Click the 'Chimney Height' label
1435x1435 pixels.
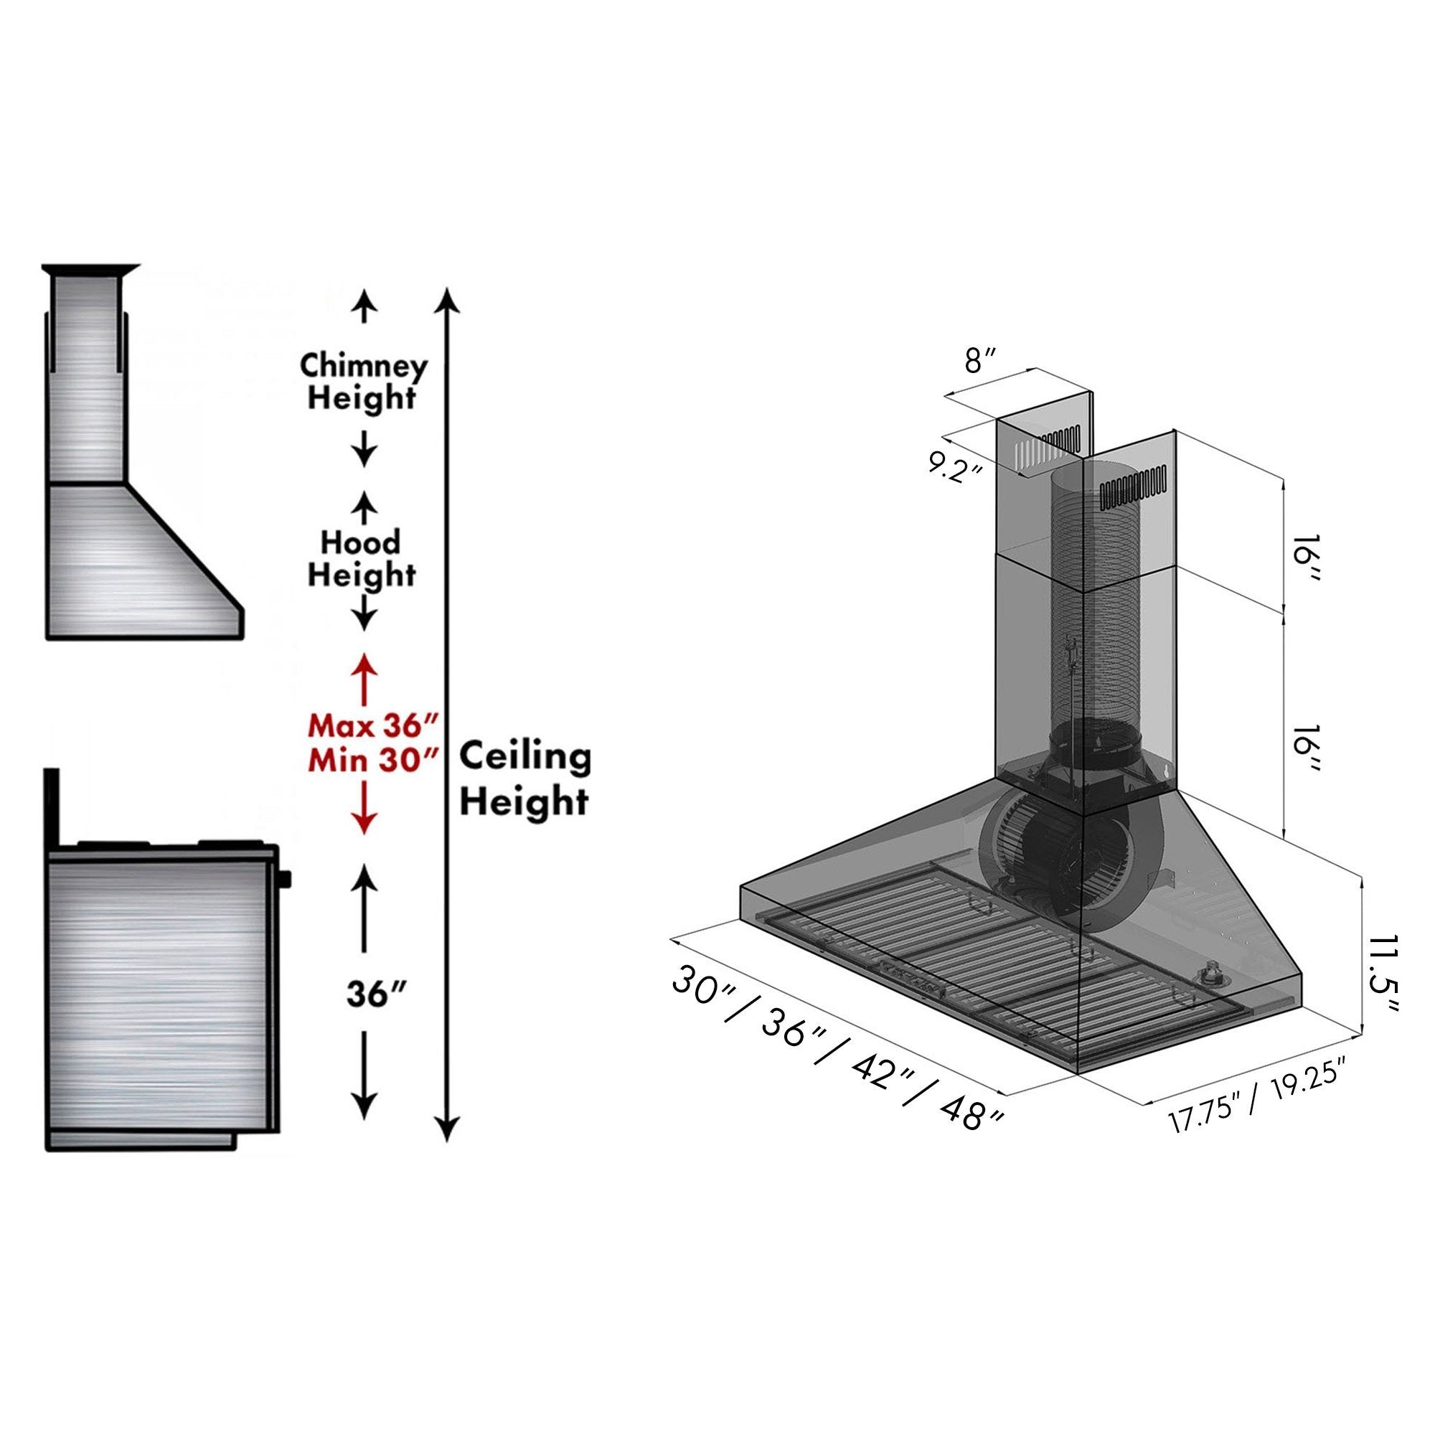pyautogui.click(x=363, y=382)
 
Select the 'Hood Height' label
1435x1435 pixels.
pyautogui.click(x=362, y=558)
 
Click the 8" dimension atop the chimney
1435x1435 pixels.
pyautogui.click(x=980, y=362)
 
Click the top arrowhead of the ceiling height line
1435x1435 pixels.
pyautogui.click(x=446, y=299)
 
